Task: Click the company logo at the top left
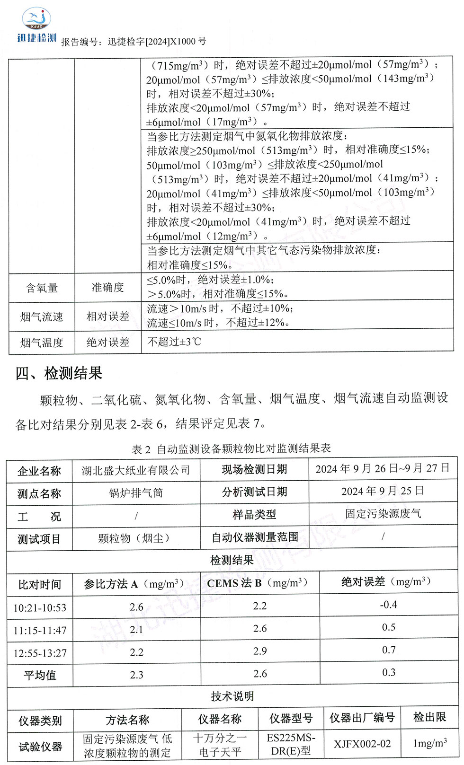(x=36, y=26)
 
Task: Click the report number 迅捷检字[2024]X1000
(x=157, y=42)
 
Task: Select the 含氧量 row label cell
(x=42, y=288)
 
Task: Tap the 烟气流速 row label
(x=42, y=317)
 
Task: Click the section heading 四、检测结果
(x=59, y=373)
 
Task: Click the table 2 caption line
(x=231, y=448)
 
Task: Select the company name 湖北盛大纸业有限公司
(x=136, y=470)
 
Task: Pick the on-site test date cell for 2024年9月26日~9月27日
(x=382, y=468)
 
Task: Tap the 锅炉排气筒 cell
(x=136, y=493)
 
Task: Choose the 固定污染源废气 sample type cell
(x=383, y=514)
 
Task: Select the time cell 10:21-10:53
(x=40, y=607)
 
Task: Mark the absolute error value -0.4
(x=388, y=605)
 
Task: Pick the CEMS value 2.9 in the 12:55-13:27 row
(x=260, y=651)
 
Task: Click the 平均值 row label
(x=40, y=675)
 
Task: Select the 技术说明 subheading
(x=232, y=696)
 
